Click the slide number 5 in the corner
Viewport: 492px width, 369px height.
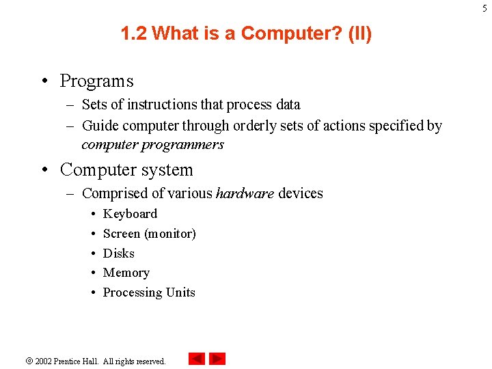(x=485, y=7)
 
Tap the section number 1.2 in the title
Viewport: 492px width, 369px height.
(x=134, y=33)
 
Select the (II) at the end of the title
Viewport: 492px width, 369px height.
(x=359, y=33)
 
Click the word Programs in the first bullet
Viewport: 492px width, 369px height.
(x=96, y=81)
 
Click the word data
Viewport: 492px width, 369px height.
(x=288, y=105)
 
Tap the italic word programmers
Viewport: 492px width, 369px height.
(x=191, y=145)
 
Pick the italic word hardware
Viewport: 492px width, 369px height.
(x=245, y=193)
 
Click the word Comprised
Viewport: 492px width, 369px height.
(x=111, y=193)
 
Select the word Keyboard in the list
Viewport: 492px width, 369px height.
(x=130, y=214)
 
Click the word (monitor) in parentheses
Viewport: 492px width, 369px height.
(x=169, y=234)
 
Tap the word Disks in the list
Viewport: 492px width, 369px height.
(x=119, y=254)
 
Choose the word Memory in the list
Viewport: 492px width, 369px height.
(x=126, y=273)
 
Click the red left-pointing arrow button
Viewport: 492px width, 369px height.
(x=197, y=359)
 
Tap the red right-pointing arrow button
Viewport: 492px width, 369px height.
(x=217, y=359)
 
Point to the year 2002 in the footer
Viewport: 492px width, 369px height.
(x=44, y=361)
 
